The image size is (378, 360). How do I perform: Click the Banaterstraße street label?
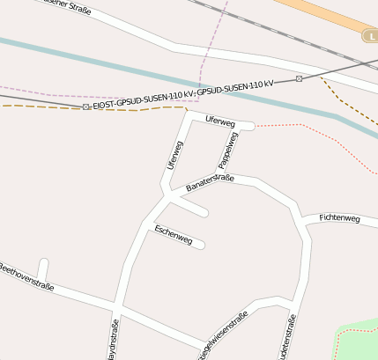tap(210, 182)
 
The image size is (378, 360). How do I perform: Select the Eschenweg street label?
tap(173, 233)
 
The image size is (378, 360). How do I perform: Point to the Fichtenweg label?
tap(339, 217)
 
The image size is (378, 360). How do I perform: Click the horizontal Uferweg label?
tap(219, 121)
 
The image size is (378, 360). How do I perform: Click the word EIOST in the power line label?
tap(107, 106)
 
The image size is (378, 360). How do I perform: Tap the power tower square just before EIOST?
tap(85, 107)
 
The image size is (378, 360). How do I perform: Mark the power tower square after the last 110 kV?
tap(299, 79)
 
